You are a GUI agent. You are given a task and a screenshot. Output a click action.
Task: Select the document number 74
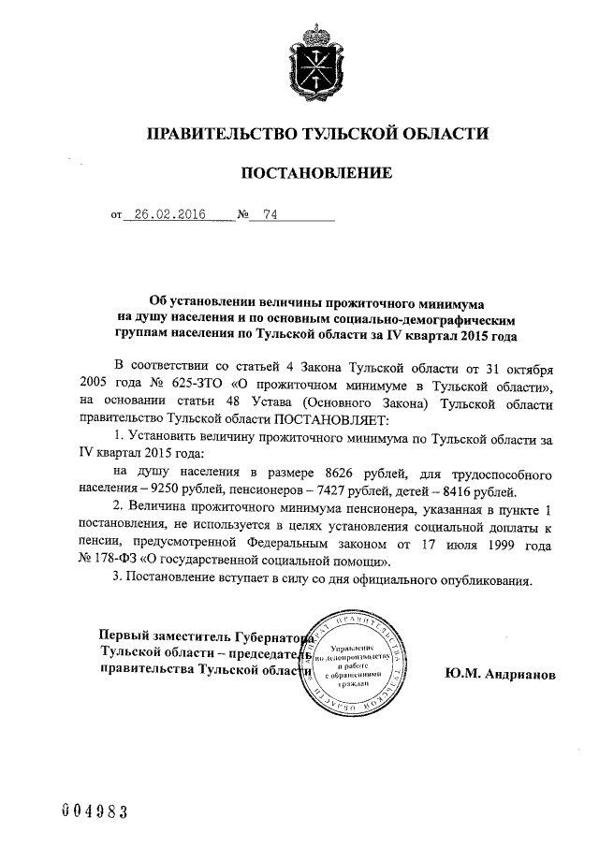[x=270, y=214]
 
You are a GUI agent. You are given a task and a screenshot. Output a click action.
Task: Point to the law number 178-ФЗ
[x=116, y=562]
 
